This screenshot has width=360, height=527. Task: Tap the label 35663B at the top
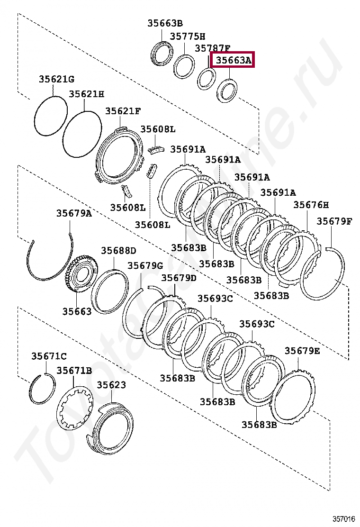[x=164, y=23]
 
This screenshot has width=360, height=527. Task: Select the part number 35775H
[x=188, y=36]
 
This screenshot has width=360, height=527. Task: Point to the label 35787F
[x=213, y=48]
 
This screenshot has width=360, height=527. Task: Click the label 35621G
[x=56, y=79]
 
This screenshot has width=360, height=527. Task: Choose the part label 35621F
[x=123, y=111]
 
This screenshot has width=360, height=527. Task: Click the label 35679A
[x=74, y=213]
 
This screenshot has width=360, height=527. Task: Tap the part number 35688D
[x=118, y=250]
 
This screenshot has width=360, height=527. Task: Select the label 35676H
[x=311, y=205]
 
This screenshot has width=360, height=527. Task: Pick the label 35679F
[x=334, y=221]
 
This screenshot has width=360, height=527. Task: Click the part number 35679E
[x=302, y=351]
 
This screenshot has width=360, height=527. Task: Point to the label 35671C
[x=49, y=356]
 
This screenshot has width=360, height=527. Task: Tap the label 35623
[x=111, y=385]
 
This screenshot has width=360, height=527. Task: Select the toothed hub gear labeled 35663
[x=81, y=276]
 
